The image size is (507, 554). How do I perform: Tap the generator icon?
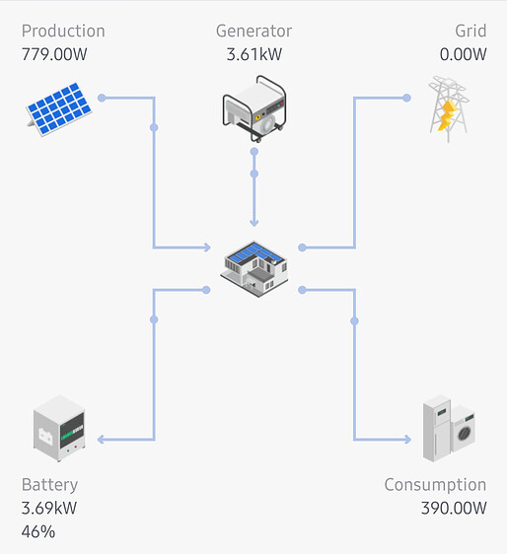(254, 108)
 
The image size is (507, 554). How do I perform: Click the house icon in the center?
(255, 266)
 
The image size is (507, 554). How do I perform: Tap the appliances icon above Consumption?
(449, 429)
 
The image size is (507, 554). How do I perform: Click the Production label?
(63, 31)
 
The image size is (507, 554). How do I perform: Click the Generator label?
(254, 31)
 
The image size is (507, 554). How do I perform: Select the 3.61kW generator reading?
(254, 53)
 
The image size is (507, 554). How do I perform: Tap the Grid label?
(471, 31)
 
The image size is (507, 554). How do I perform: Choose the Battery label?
(49, 485)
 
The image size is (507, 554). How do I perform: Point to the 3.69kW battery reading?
(49, 509)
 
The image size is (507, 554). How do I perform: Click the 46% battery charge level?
(37, 532)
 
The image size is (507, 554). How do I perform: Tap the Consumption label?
(435, 485)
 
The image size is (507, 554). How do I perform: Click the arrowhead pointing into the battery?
(102, 440)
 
